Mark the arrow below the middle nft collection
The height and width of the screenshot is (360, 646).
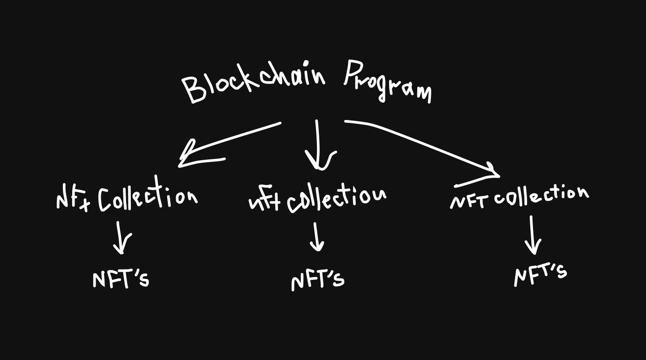click(x=317, y=237)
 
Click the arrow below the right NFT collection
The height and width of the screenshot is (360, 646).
click(x=533, y=235)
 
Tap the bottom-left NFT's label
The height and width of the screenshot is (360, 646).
click(x=121, y=279)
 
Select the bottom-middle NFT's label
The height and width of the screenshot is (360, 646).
click(x=317, y=280)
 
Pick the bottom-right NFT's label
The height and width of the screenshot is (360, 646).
click(x=540, y=274)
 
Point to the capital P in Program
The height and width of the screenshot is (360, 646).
click(x=353, y=74)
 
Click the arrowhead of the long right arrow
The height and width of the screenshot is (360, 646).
click(x=492, y=172)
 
